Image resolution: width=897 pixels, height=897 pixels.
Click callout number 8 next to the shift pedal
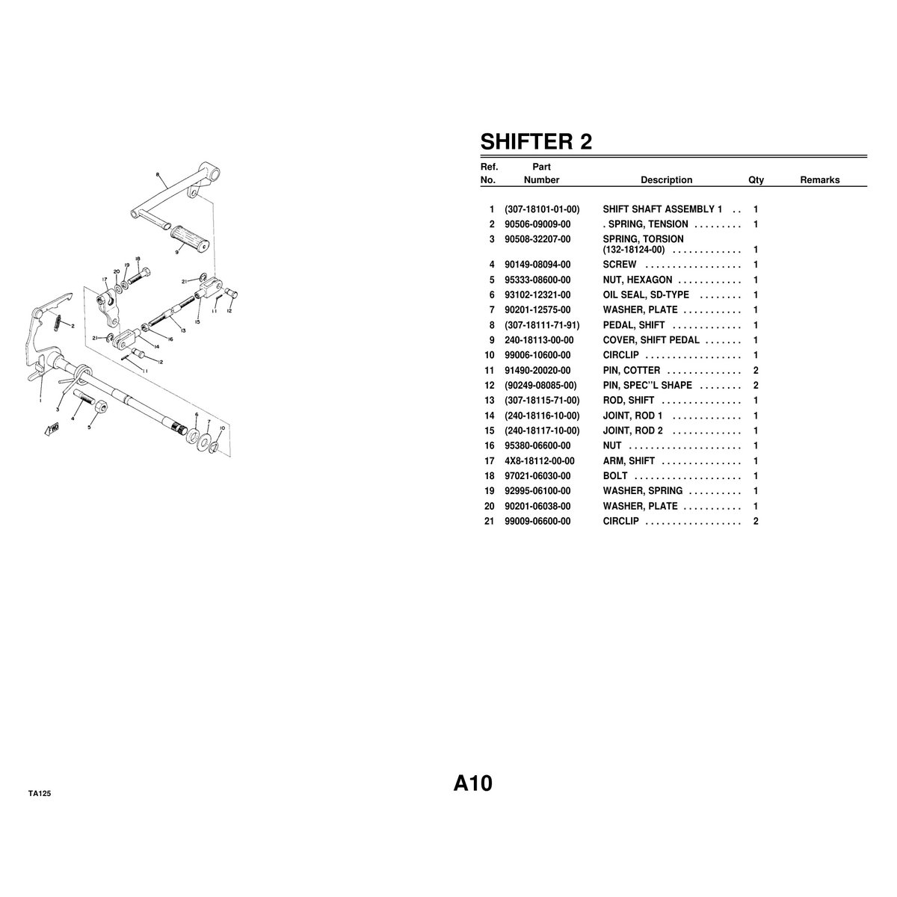tap(158, 175)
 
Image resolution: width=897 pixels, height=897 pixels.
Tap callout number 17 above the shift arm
tap(104, 279)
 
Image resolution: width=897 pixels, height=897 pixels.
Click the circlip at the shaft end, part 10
tap(214, 448)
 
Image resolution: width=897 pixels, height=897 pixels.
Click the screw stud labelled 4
tap(84, 398)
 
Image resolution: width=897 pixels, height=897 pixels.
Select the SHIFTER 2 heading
tap(536, 141)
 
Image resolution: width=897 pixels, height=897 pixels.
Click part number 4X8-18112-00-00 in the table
tap(540, 461)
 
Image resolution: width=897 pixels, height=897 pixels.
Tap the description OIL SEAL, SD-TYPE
tap(646, 295)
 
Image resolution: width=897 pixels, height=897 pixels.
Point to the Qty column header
tap(756, 180)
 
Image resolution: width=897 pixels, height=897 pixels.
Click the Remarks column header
tap(820, 179)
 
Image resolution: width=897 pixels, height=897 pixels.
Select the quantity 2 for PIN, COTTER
tap(756, 371)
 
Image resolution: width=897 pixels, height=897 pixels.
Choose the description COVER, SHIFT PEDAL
tap(651, 340)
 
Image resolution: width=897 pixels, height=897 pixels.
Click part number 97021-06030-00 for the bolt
tap(537, 475)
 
